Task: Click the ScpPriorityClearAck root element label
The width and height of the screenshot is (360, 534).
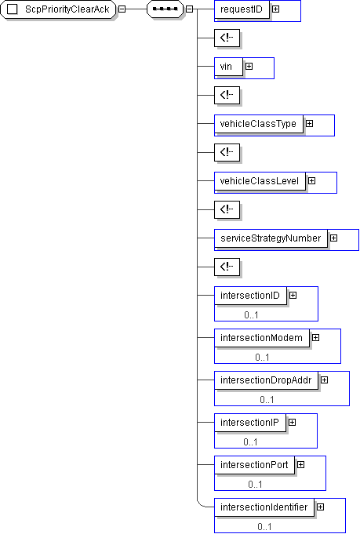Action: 67,9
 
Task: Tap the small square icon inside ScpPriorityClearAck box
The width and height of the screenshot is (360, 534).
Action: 13,9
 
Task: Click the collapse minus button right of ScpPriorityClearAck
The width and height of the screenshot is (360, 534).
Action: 122,9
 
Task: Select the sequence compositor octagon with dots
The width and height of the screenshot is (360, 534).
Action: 165,9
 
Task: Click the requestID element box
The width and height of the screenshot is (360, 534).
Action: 242,9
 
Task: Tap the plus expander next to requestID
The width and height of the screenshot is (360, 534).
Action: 275,9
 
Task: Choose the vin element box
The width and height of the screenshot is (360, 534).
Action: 228,67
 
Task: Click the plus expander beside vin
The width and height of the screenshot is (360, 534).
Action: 249,67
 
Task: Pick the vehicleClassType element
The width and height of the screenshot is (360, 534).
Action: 259,124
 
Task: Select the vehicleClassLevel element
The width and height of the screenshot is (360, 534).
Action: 260,181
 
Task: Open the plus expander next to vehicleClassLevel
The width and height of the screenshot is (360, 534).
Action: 311,181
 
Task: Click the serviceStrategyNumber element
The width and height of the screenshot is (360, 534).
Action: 271,238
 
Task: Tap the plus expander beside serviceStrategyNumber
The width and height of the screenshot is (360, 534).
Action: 334,238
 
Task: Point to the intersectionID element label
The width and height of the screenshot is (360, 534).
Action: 250,296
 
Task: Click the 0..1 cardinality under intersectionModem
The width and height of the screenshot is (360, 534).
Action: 262,358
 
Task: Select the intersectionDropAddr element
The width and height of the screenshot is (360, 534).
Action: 267,380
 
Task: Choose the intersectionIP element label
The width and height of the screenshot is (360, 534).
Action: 249,423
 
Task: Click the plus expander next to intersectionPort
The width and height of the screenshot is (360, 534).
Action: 300,464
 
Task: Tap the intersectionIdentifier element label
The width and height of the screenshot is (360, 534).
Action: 264,507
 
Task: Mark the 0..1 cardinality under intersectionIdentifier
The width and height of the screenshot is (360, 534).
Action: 264,527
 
